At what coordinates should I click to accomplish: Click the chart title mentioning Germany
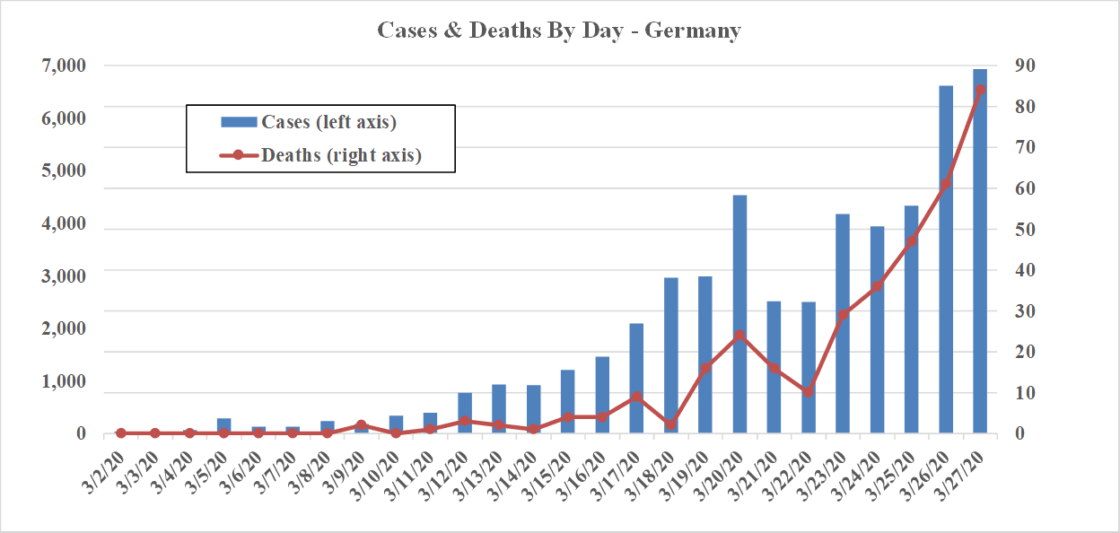[x=558, y=31]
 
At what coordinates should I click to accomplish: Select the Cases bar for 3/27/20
[x=980, y=251]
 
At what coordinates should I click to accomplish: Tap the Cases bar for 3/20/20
[x=739, y=314]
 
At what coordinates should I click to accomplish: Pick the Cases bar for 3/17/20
[x=636, y=378]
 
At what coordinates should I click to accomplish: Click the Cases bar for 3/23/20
[x=843, y=323]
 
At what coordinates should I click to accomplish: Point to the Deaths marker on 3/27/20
[x=980, y=90]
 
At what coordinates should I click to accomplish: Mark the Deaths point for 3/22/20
[x=808, y=392]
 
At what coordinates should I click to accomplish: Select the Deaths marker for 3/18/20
[x=670, y=424]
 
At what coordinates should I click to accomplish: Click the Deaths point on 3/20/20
[x=739, y=336]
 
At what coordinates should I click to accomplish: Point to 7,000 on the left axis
[x=64, y=66]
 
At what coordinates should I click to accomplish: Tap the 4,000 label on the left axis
[x=64, y=223]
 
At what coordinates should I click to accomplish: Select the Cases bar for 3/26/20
[x=946, y=259]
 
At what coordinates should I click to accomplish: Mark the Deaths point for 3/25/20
[x=912, y=241]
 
